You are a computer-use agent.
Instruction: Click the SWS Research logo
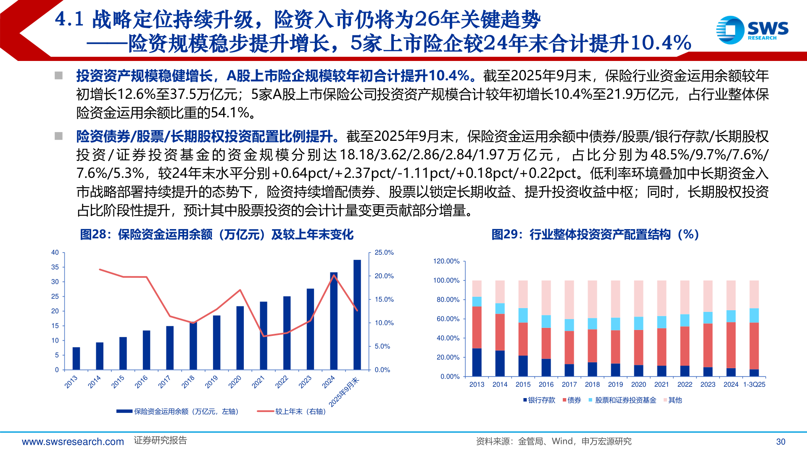[x=752, y=30]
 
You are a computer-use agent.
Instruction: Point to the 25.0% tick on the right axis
[x=384, y=253]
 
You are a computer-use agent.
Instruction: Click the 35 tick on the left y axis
[x=55, y=267]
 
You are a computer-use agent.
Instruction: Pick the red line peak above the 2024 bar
[x=333, y=275]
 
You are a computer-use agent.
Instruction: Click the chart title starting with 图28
[x=216, y=235]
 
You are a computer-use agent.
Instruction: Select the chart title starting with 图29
[x=595, y=235]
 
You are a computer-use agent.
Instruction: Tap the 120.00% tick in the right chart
[x=446, y=261]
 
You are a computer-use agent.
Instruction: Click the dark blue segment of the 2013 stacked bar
[x=477, y=362]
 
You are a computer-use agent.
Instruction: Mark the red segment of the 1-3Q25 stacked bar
[x=754, y=346]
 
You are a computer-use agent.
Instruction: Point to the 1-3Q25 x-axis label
[x=754, y=385]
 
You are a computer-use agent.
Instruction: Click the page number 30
[x=781, y=442]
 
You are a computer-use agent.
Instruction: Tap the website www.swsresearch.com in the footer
[x=73, y=442]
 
